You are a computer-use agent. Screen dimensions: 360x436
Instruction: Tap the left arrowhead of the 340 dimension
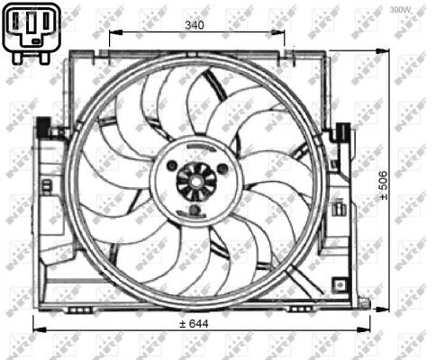point(113,36)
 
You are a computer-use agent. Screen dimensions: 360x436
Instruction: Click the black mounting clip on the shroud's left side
point(42,130)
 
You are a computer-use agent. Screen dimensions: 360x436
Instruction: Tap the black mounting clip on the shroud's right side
point(344,133)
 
